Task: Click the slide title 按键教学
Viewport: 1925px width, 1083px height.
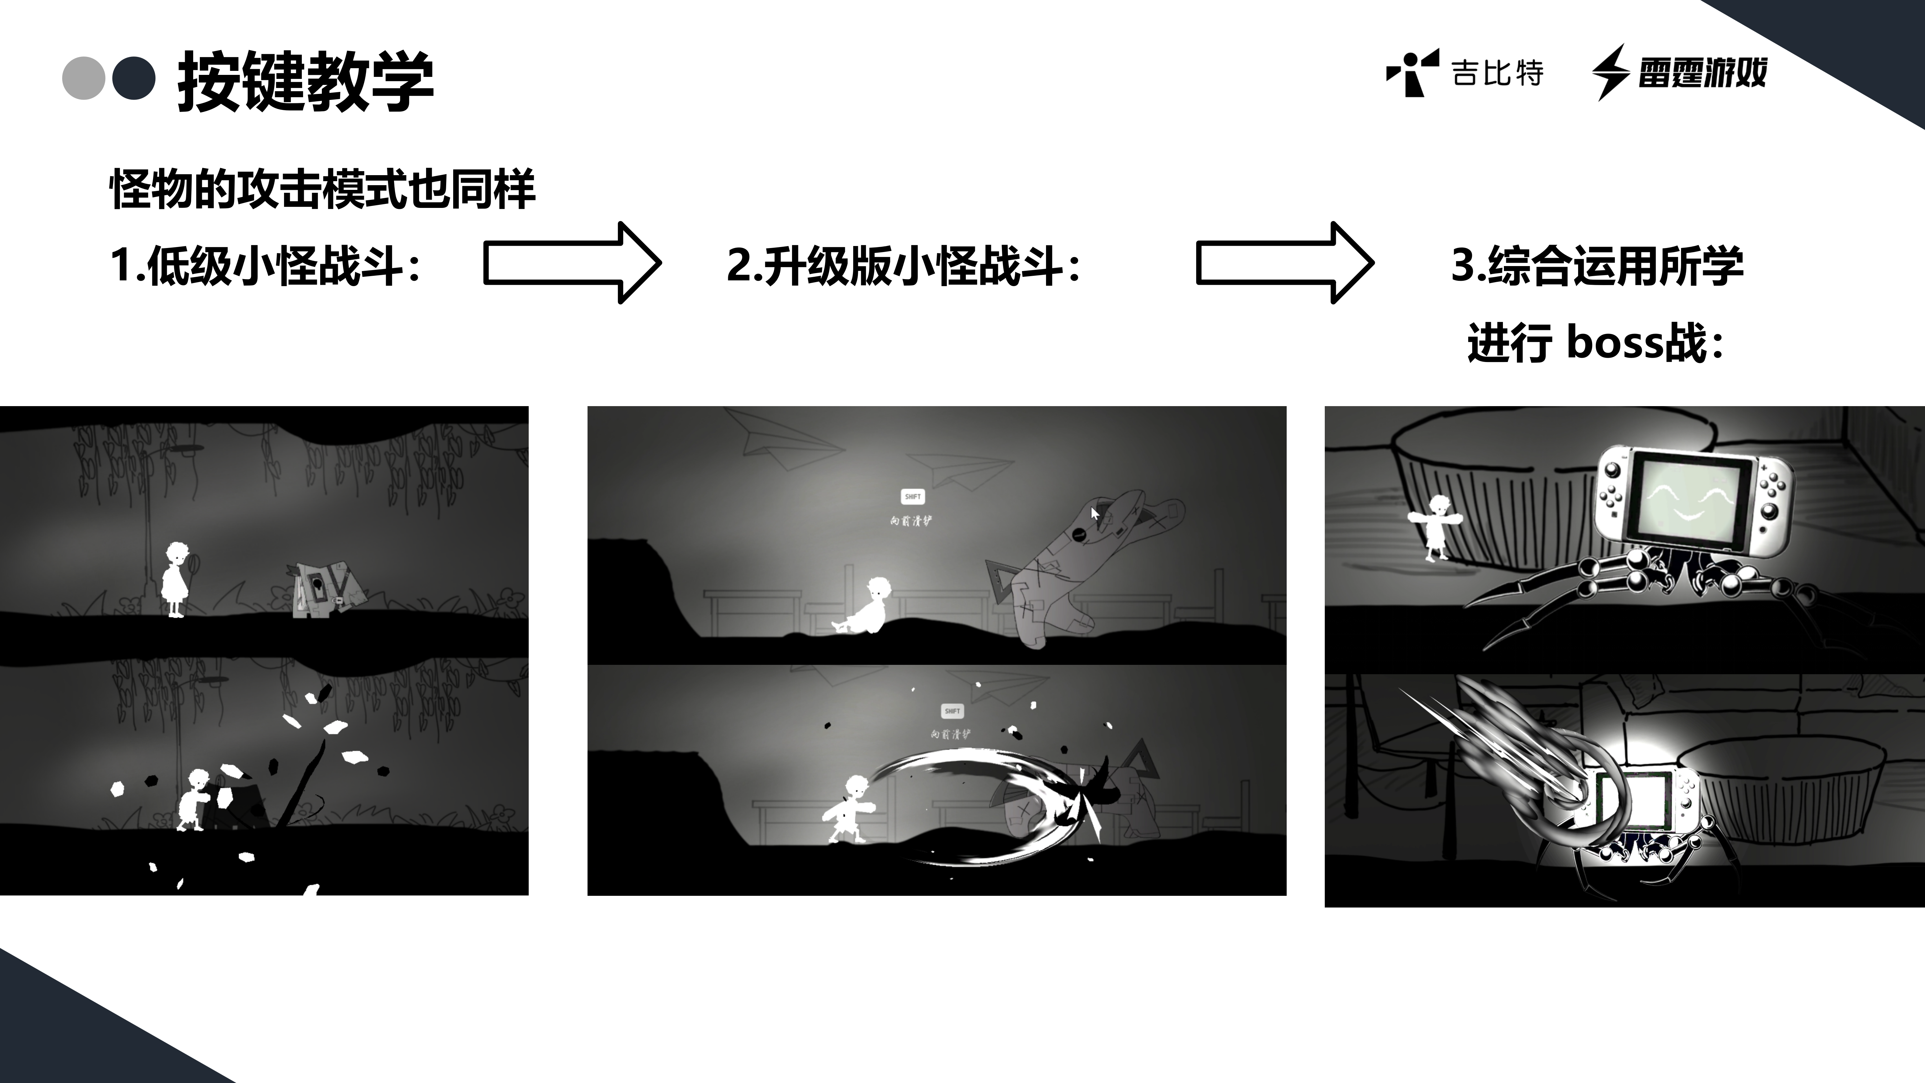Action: pyautogui.click(x=305, y=81)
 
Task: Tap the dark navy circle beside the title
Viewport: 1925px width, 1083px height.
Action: pyautogui.click(x=134, y=78)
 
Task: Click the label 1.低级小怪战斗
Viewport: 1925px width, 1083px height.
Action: pyautogui.click(x=265, y=265)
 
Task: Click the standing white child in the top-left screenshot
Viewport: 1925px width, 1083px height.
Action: pyautogui.click(x=175, y=579)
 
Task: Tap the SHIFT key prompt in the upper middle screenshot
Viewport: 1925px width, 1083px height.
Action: pyautogui.click(x=912, y=496)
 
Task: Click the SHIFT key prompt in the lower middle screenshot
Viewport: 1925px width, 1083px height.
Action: pyautogui.click(x=952, y=711)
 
